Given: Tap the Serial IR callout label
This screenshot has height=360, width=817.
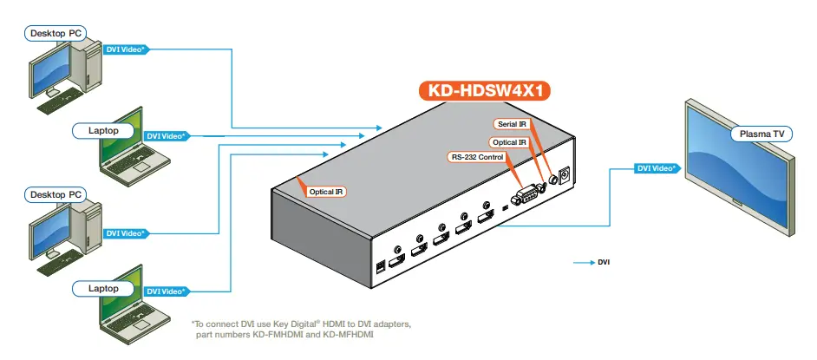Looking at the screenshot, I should [x=512, y=125].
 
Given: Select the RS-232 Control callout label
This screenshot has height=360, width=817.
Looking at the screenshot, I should [x=477, y=157].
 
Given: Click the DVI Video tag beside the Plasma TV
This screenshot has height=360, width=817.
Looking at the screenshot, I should [x=656, y=168].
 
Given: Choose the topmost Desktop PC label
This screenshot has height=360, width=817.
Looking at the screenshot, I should [x=56, y=33].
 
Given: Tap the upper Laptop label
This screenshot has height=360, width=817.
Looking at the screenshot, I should [x=103, y=130].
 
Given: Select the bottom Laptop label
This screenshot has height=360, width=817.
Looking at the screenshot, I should [x=103, y=286].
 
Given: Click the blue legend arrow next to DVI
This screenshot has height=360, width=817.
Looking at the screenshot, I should [x=583, y=260].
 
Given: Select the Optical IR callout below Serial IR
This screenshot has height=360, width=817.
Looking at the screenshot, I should [x=509, y=141].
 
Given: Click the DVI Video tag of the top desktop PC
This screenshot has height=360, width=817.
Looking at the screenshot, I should [x=125, y=49].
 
